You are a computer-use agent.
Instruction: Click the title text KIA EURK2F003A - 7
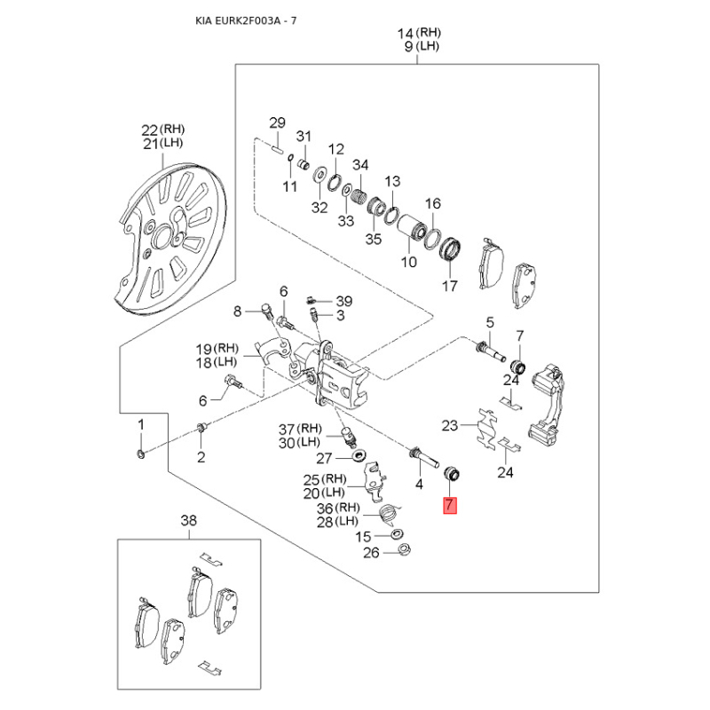[247, 20]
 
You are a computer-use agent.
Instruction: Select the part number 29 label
[277, 122]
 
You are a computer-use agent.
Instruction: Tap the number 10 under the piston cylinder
[408, 262]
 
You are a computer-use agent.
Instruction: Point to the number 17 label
[450, 286]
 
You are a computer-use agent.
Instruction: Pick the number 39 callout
[344, 301]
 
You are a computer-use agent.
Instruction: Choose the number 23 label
[451, 425]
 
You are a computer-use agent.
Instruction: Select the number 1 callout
[139, 427]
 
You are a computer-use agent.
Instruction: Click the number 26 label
[370, 552]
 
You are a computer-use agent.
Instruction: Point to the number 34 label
[360, 165]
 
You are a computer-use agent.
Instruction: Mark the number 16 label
[432, 204]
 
